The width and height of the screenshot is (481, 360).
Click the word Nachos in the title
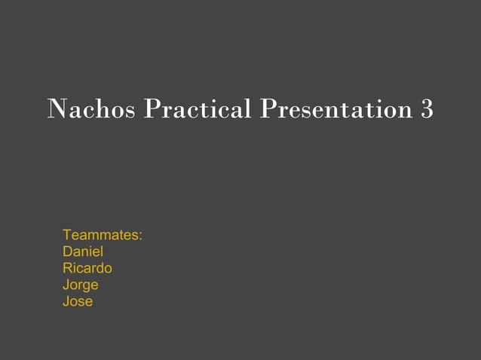[x=92, y=110]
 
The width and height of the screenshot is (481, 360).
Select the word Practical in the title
[x=198, y=110]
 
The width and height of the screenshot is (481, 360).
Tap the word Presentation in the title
[x=336, y=110]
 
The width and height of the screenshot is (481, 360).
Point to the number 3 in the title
[x=427, y=110]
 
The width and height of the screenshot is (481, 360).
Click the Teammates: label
[x=103, y=235]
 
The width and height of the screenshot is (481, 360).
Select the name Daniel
[x=83, y=252]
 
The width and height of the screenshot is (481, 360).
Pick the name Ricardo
[x=87, y=268]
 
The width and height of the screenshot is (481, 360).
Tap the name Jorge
[x=81, y=285]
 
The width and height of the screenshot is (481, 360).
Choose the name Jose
[x=78, y=301]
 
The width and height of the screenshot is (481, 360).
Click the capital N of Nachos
[x=57, y=110]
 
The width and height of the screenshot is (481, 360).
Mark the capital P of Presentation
[x=268, y=110]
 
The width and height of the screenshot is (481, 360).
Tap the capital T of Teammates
[x=67, y=235]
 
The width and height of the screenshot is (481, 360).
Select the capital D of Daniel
[x=68, y=252]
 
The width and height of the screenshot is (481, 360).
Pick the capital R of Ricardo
[x=68, y=268]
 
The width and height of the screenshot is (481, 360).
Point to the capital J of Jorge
[x=66, y=285]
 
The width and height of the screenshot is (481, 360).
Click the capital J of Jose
[x=66, y=301]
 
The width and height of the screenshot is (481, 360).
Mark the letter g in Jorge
[x=87, y=287]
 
